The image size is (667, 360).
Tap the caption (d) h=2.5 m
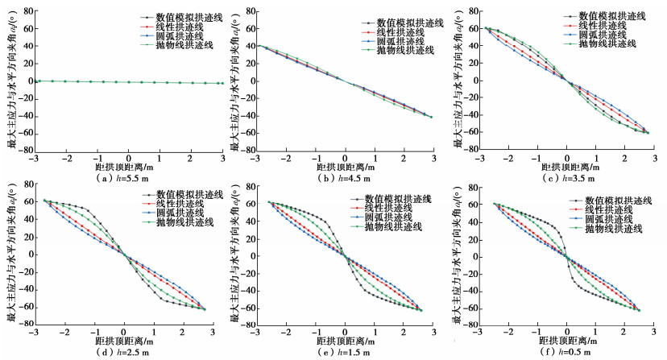point(126,352)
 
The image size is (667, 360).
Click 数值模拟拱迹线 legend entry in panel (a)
point(176,15)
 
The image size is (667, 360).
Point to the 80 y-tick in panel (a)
point(27,12)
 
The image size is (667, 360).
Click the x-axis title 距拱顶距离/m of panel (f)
point(567,341)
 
